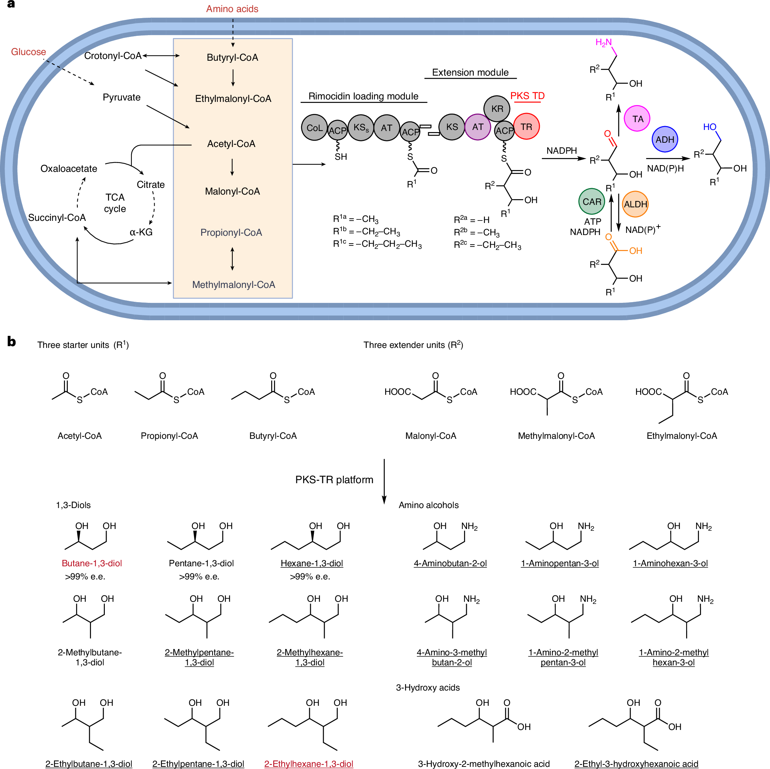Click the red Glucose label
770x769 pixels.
pyautogui.click(x=28, y=52)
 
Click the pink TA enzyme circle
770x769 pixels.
pyautogui.click(x=637, y=119)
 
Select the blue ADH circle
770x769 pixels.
pyautogui.click(x=665, y=140)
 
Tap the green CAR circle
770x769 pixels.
pyautogui.click(x=592, y=202)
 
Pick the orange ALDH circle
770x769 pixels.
pyautogui.click(x=635, y=204)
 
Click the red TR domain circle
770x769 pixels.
pyautogui.click(x=526, y=127)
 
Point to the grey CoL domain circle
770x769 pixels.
pyautogui.click(x=314, y=128)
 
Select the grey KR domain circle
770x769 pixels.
pyautogui.click(x=497, y=109)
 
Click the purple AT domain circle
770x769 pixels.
pyautogui.click(x=478, y=127)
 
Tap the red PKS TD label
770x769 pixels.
pyautogui.click(x=527, y=96)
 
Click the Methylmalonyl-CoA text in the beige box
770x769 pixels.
pyautogui.click(x=233, y=285)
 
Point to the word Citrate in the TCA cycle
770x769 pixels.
pyautogui.click(x=151, y=185)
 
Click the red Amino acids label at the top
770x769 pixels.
pyautogui.click(x=232, y=9)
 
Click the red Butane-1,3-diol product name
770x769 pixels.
pyautogui.click(x=92, y=563)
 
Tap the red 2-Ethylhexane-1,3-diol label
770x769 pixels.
pyautogui.click(x=308, y=763)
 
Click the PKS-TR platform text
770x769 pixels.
pyautogui.click(x=334, y=480)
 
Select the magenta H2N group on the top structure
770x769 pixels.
pyautogui.click(x=603, y=43)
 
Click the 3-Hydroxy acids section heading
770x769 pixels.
pyautogui.click(x=428, y=687)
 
